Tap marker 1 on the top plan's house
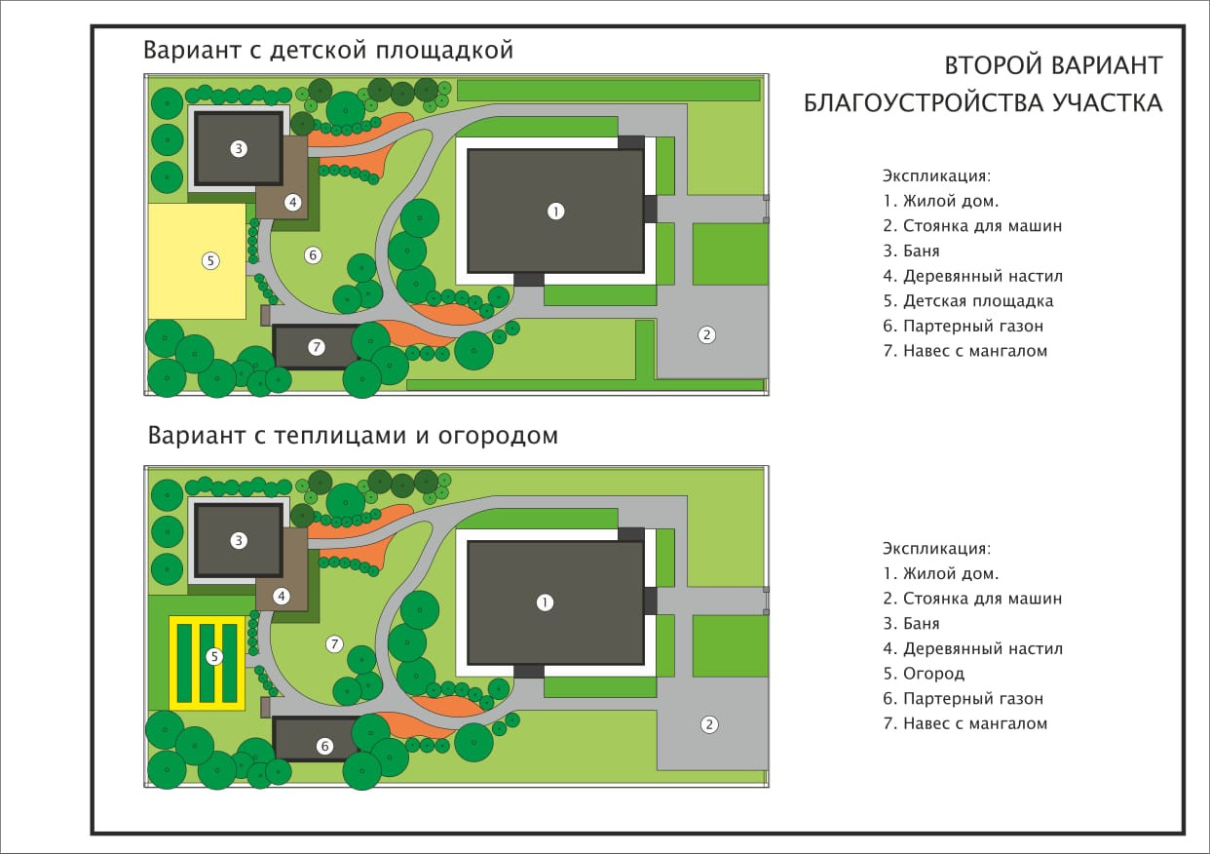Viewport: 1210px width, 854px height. pos(555,211)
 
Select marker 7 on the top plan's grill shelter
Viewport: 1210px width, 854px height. pos(315,347)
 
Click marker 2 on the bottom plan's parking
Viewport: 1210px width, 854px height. pos(709,724)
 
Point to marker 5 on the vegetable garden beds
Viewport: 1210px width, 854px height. pos(214,657)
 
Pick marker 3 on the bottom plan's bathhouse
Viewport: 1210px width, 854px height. pos(238,541)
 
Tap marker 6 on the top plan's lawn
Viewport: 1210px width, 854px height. pos(313,255)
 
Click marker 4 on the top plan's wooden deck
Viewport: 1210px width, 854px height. pos(292,202)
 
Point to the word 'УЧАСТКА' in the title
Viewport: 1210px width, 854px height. pos(1107,103)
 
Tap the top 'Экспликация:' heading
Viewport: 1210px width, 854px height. pos(936,176)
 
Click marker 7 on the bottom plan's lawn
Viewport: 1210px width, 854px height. pos(334,643)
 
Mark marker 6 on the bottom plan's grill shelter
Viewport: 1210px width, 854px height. pos(325,746)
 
